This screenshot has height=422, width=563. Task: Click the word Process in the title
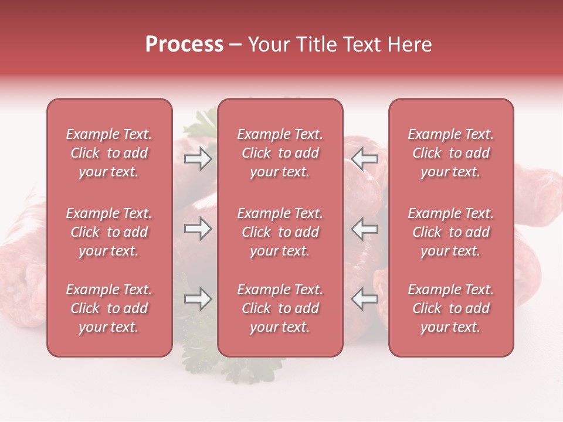click(184, 45)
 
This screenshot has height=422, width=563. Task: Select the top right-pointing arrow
click(198, 159)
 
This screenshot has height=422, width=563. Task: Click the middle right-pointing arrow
click(198, 229)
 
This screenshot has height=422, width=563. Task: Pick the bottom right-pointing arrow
click(198, 299)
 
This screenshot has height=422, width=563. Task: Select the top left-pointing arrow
click(365, 159)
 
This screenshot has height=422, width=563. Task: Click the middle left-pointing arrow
click(365, 229)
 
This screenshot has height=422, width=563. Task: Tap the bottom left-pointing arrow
click(365, 299)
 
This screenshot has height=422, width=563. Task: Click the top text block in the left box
click(109, 153)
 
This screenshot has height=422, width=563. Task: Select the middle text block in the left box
click(109, 232)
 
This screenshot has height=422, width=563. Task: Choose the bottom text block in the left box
click(109, 308)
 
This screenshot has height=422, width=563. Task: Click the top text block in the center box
click(280, 153)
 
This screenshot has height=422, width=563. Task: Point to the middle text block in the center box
click(280, 232)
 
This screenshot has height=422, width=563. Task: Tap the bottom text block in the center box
click(280, 308)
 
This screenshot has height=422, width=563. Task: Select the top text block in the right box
click(450, 153)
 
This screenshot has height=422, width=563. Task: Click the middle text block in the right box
click(450, 232)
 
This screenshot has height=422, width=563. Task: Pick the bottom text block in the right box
click(450, 308)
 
